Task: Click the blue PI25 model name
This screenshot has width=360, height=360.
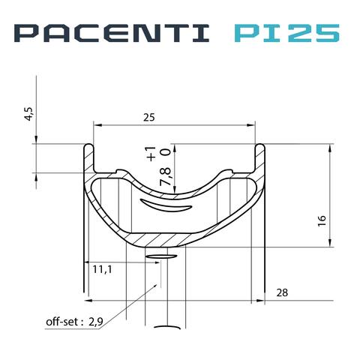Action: coord(287,33)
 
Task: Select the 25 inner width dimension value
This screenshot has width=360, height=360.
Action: coord(150,118)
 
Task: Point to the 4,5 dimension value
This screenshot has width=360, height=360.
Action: coord(29,114)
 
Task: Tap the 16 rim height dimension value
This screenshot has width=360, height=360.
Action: coord(321,220)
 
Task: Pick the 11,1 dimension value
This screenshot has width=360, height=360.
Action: coord(103,268)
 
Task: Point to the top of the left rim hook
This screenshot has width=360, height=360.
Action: coord(88,145)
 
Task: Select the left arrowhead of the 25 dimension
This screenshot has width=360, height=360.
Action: coord(94,124)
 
